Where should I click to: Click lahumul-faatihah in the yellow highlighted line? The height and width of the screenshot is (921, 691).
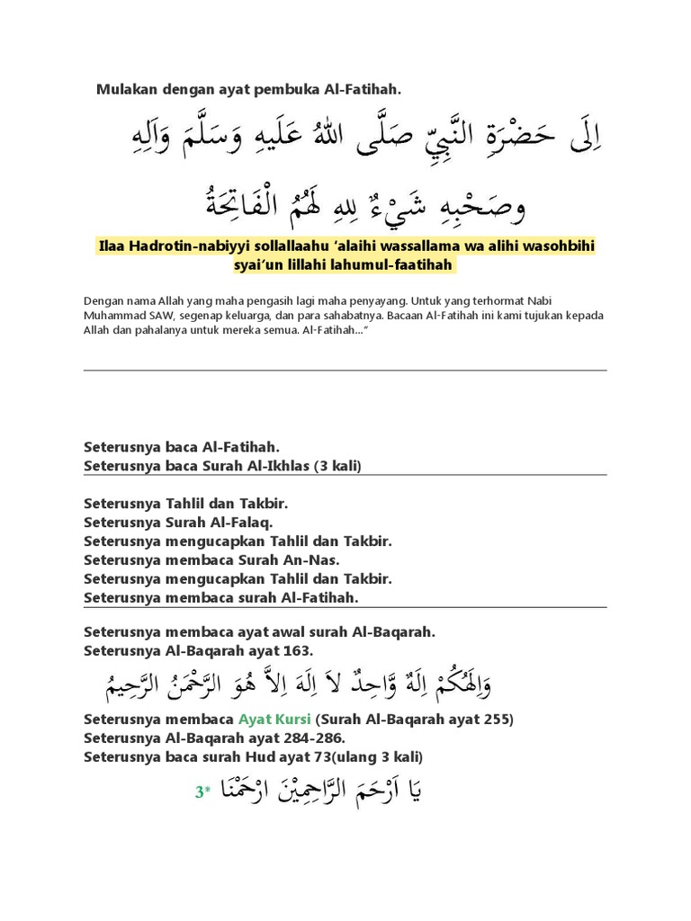401,265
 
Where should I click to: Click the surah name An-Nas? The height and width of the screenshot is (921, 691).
312,559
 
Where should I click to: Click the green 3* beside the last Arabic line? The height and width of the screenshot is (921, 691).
202,792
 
